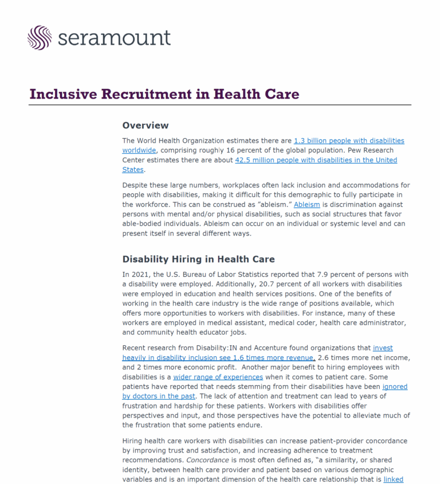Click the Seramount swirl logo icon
click(40, 37)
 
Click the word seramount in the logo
click(114, 38)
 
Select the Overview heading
click(146, 125)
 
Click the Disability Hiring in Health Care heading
click(198, 259)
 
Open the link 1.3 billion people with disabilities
click(348, 140)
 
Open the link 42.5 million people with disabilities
click(316, 160)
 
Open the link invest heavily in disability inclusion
click(382, 348)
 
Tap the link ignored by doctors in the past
click(159, 396)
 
